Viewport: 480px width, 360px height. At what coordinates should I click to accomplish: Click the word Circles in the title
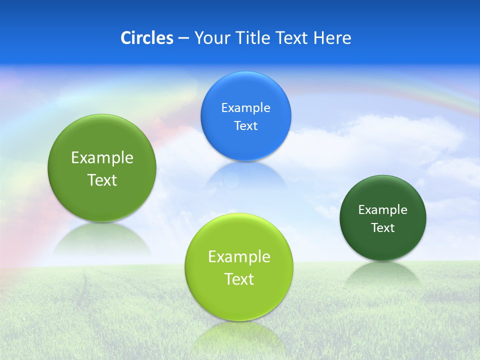coord(147,38)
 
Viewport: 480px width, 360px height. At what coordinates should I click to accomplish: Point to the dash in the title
coord(183,38)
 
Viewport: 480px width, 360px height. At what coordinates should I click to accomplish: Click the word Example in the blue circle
coord(245,107)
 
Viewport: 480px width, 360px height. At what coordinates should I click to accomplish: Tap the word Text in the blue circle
coord(245,125)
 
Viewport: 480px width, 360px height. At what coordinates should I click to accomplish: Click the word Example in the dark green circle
coord(383,209)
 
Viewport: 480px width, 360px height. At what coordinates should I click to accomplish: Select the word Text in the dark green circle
coord(383,227)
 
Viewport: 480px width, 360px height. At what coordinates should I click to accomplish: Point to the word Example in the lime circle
coord(239,256)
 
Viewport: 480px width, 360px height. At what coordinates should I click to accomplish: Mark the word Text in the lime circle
coord(239,278)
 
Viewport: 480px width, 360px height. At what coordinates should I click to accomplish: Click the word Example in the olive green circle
coord(102,157)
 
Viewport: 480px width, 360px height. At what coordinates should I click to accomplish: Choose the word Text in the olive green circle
coord(102,179)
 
